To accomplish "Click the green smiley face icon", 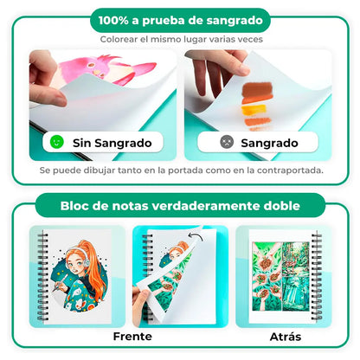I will coord(57,141).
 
